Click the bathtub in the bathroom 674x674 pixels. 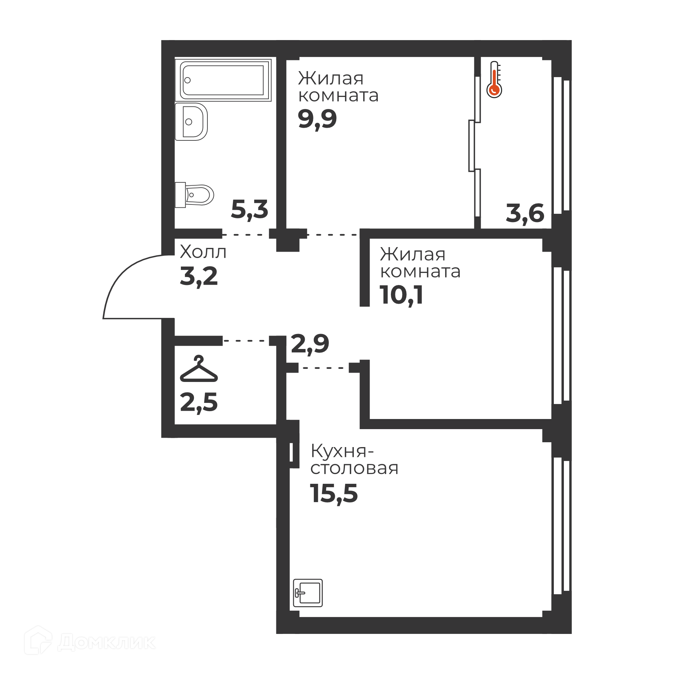223,80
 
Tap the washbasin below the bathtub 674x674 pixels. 191,122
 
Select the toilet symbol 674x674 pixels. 194,195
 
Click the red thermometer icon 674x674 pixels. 494,79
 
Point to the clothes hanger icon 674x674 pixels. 199,368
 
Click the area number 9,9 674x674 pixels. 318,120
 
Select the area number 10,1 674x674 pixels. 401,295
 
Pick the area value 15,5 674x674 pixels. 334,494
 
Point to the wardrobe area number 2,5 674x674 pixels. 199,402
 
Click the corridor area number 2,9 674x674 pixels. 310,344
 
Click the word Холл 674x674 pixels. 203,252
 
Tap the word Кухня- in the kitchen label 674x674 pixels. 342,452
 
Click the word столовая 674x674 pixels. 354,468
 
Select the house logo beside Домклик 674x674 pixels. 38,640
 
